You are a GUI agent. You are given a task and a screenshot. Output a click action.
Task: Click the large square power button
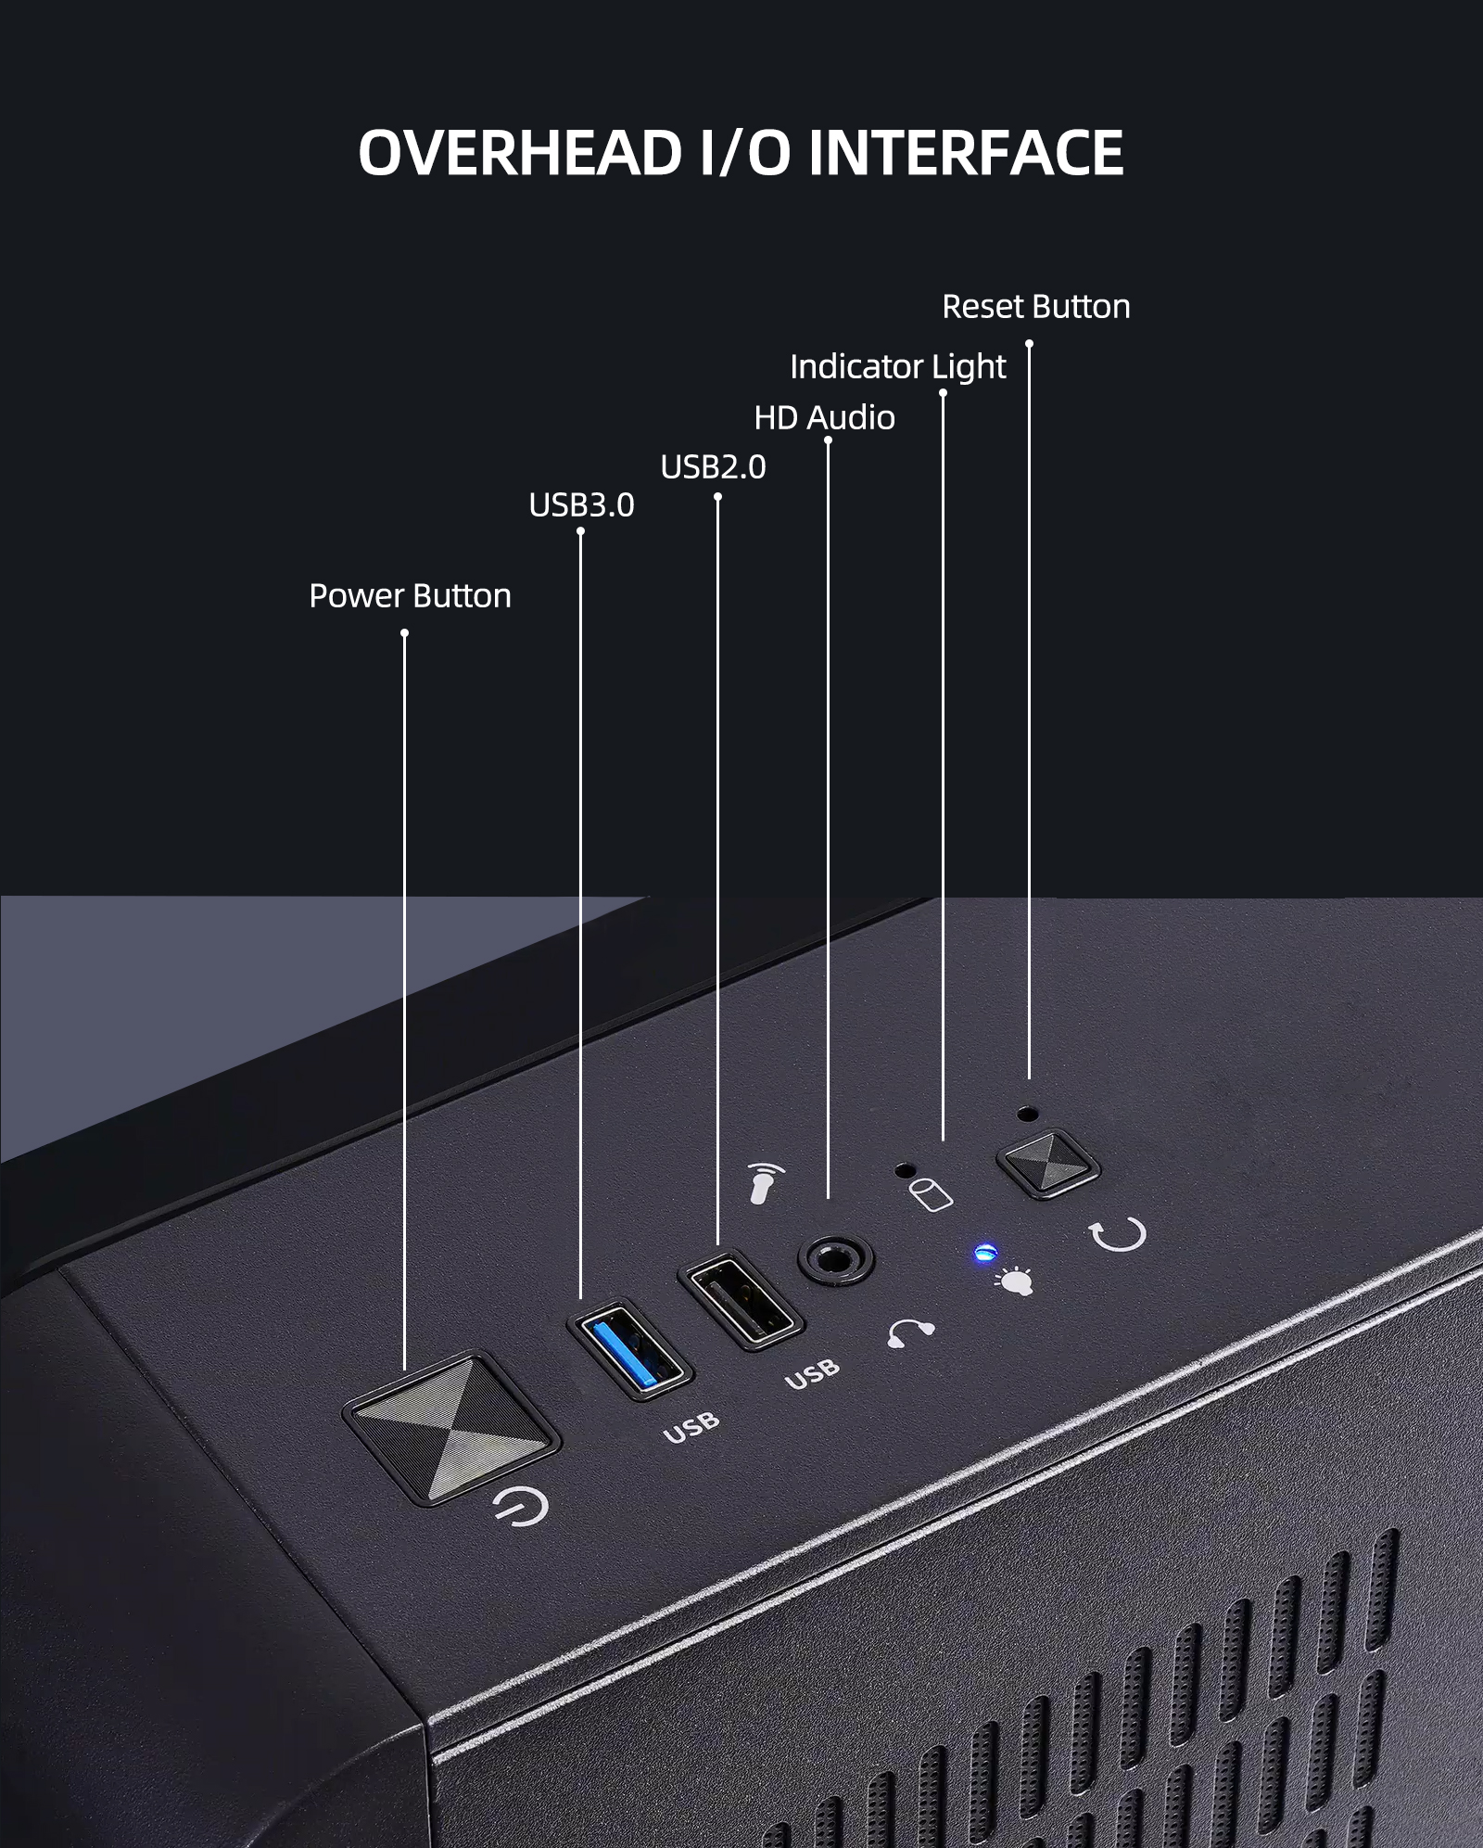pos(450,1429)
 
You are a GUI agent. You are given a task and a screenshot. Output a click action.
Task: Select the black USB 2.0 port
pos(741,1299)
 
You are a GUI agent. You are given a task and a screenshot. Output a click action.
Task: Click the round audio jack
pos(836,1259)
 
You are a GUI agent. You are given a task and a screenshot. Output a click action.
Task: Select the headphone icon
pos(910,1332)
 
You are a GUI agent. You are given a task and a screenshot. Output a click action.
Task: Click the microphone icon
pos(766,1183)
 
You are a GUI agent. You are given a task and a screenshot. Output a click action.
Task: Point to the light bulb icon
pos(1013,1281)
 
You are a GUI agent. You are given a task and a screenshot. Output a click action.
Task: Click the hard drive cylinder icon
pos(930,1195)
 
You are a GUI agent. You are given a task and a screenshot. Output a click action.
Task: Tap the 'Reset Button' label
pos(1036,307)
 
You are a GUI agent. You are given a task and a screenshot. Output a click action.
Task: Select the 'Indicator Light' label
pos(898,367)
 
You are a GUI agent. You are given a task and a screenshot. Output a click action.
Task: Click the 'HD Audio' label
pos(825,418)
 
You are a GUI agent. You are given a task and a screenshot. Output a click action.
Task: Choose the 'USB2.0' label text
pos(714,467)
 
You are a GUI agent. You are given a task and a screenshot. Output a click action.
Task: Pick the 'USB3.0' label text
pos(582,505)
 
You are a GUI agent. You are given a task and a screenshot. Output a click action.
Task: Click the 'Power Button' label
pos(411,596)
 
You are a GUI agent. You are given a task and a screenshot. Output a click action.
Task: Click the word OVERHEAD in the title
pos(521,152)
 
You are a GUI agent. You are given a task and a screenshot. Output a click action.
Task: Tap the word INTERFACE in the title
pos(966,152)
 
